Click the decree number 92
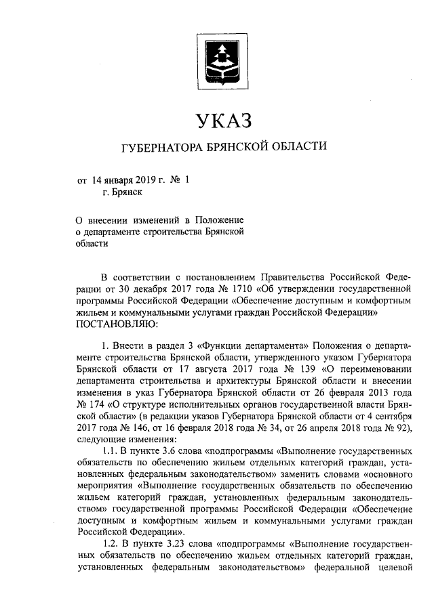(x=399, y=427)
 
